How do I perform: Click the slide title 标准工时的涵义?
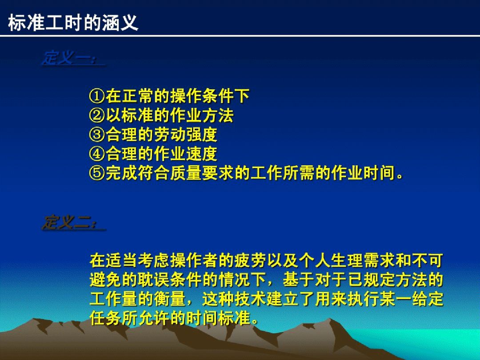pos(73,23)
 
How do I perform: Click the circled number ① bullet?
pos(97,96)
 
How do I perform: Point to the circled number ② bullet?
pos(97,116)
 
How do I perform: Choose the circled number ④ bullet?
pos(97,154)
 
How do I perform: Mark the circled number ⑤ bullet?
pos(97,173)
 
